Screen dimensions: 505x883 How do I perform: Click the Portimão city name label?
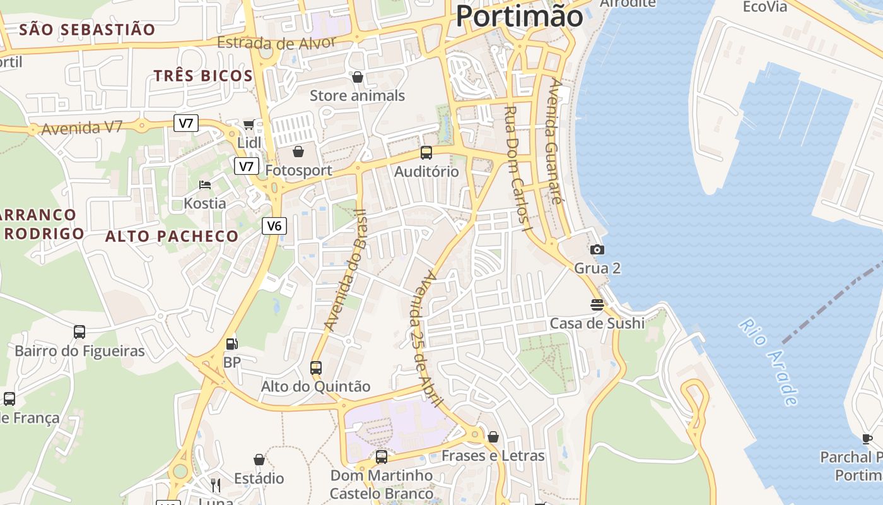tap(519, 15)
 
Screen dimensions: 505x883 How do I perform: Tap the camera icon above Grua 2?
tap(597, 250)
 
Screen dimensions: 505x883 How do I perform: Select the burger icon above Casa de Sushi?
tap(597, 305)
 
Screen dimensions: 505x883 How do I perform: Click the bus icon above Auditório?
tap(426, 153)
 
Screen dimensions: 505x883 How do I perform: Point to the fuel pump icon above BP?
tap(232, 344)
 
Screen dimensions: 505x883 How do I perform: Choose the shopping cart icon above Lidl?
tap(249, 124)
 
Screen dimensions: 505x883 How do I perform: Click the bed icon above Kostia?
tap(205, 185)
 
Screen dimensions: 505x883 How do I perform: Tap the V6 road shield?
tap(274, 225)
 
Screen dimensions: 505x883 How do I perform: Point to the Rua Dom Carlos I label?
tap(515, 167)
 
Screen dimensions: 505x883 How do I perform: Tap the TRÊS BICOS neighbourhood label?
tap(203, 76)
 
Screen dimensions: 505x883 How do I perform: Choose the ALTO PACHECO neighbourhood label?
tap(172, 237)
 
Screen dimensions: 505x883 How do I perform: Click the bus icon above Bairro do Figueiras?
tap(79, 332)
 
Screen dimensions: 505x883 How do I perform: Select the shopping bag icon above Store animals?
tap(358, 77)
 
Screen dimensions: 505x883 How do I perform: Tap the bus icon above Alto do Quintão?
tap(316, 367)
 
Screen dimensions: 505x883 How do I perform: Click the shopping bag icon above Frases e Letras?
tap(493, 437)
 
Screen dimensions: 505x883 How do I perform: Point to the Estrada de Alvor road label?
tap(276, 44)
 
